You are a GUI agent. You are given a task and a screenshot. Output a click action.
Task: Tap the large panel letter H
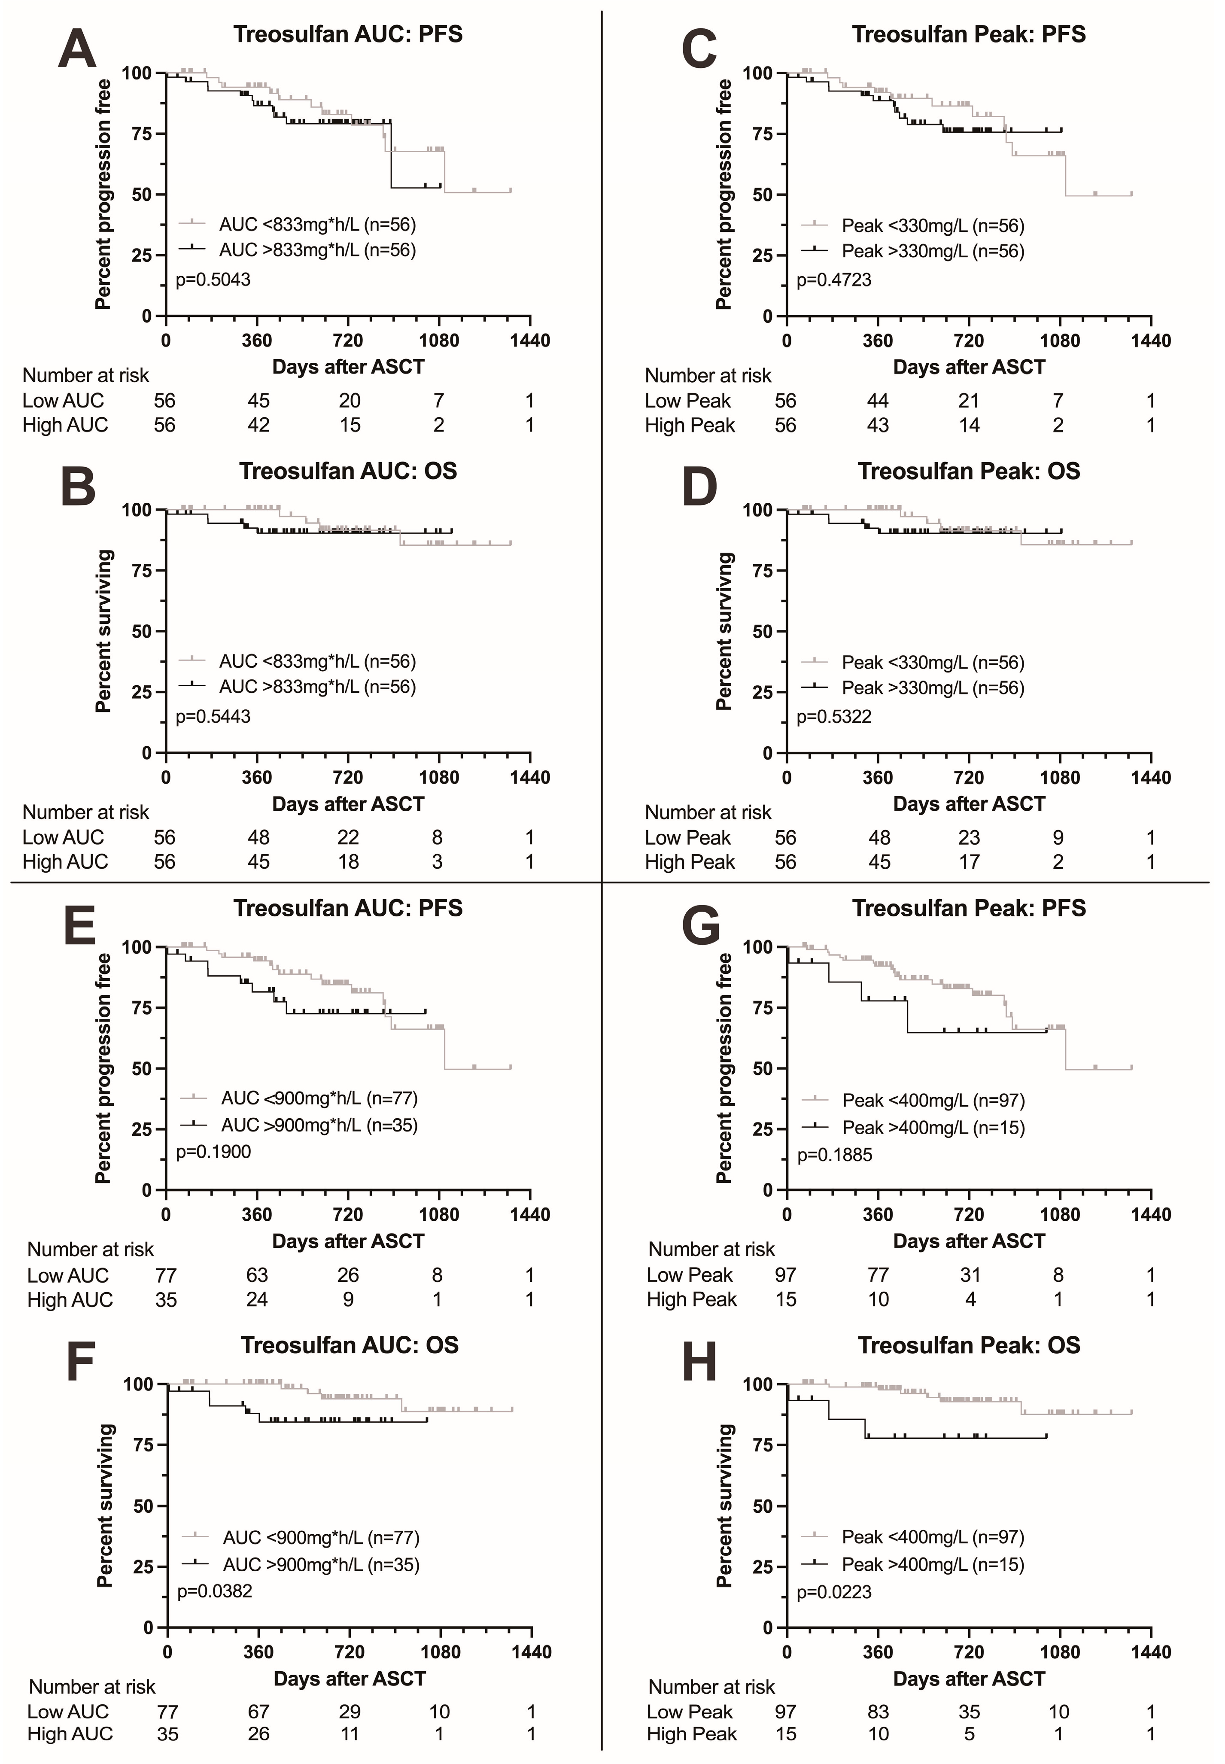699,1360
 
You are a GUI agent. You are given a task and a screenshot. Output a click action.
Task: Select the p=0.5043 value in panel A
213,280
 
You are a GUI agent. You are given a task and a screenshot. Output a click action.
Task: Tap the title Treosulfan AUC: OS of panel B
349,471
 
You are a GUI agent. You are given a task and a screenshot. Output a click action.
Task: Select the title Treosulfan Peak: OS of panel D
969,471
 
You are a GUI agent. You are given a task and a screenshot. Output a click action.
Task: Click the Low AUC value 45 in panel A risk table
258,401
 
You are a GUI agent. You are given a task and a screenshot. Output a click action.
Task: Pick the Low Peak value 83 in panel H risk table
878,1712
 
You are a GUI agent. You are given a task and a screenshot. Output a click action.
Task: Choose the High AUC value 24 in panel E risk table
257,1299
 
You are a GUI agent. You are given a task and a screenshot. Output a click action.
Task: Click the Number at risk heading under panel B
86,812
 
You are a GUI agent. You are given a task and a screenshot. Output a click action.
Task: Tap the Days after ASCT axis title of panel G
969,1241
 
